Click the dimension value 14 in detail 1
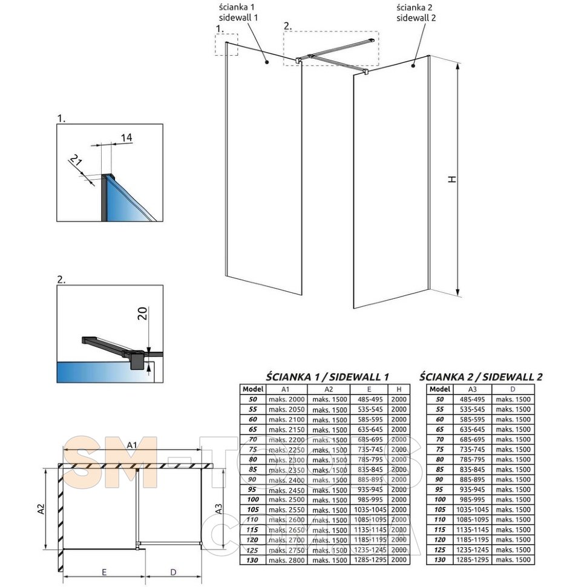(126, 138)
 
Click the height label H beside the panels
(451, 180)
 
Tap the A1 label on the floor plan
(132, 446)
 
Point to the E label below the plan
(104, 571)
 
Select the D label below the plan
(173, 571)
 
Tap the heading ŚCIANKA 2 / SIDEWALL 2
(480, 376)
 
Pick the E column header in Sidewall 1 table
(370, 389)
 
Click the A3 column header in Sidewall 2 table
(472, 389)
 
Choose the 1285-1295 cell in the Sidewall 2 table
(472, 559)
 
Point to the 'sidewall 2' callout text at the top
(415, 18)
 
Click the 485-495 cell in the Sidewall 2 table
(472, 399)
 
